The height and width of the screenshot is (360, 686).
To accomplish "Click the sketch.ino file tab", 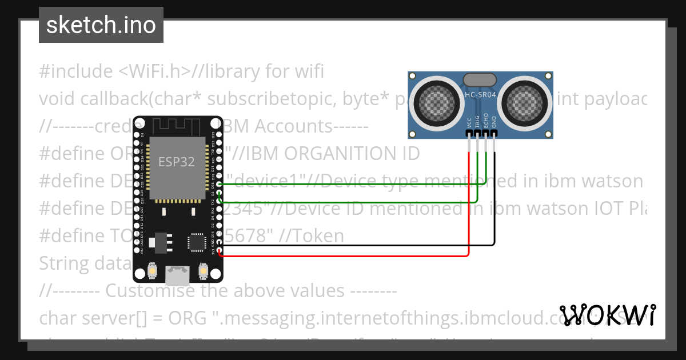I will coord(101,25).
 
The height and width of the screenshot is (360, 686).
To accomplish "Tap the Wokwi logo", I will coord(607,315).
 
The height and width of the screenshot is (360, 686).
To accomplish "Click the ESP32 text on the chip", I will coord(177,162).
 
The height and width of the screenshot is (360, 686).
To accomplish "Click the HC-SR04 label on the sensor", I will coord(480,95).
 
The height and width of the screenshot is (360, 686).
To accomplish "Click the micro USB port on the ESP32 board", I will coord(177,275).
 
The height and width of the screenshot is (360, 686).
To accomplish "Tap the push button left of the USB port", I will coord(153,270).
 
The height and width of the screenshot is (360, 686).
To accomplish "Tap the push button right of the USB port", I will coord(202,270).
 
